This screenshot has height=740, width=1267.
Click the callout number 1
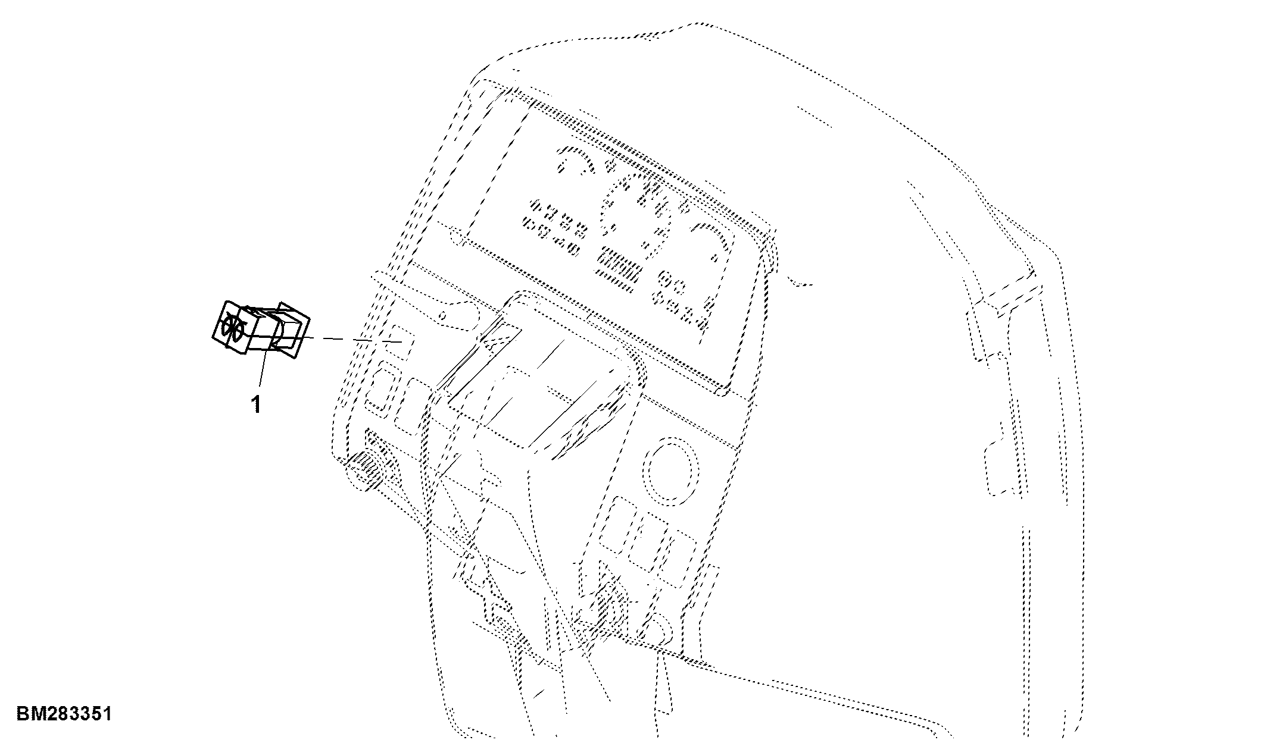(256, 405)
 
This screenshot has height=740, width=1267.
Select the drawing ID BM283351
(64, 714)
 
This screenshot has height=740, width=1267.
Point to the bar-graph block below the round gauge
(619, 271)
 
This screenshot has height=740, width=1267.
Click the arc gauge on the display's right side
(714, 242)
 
